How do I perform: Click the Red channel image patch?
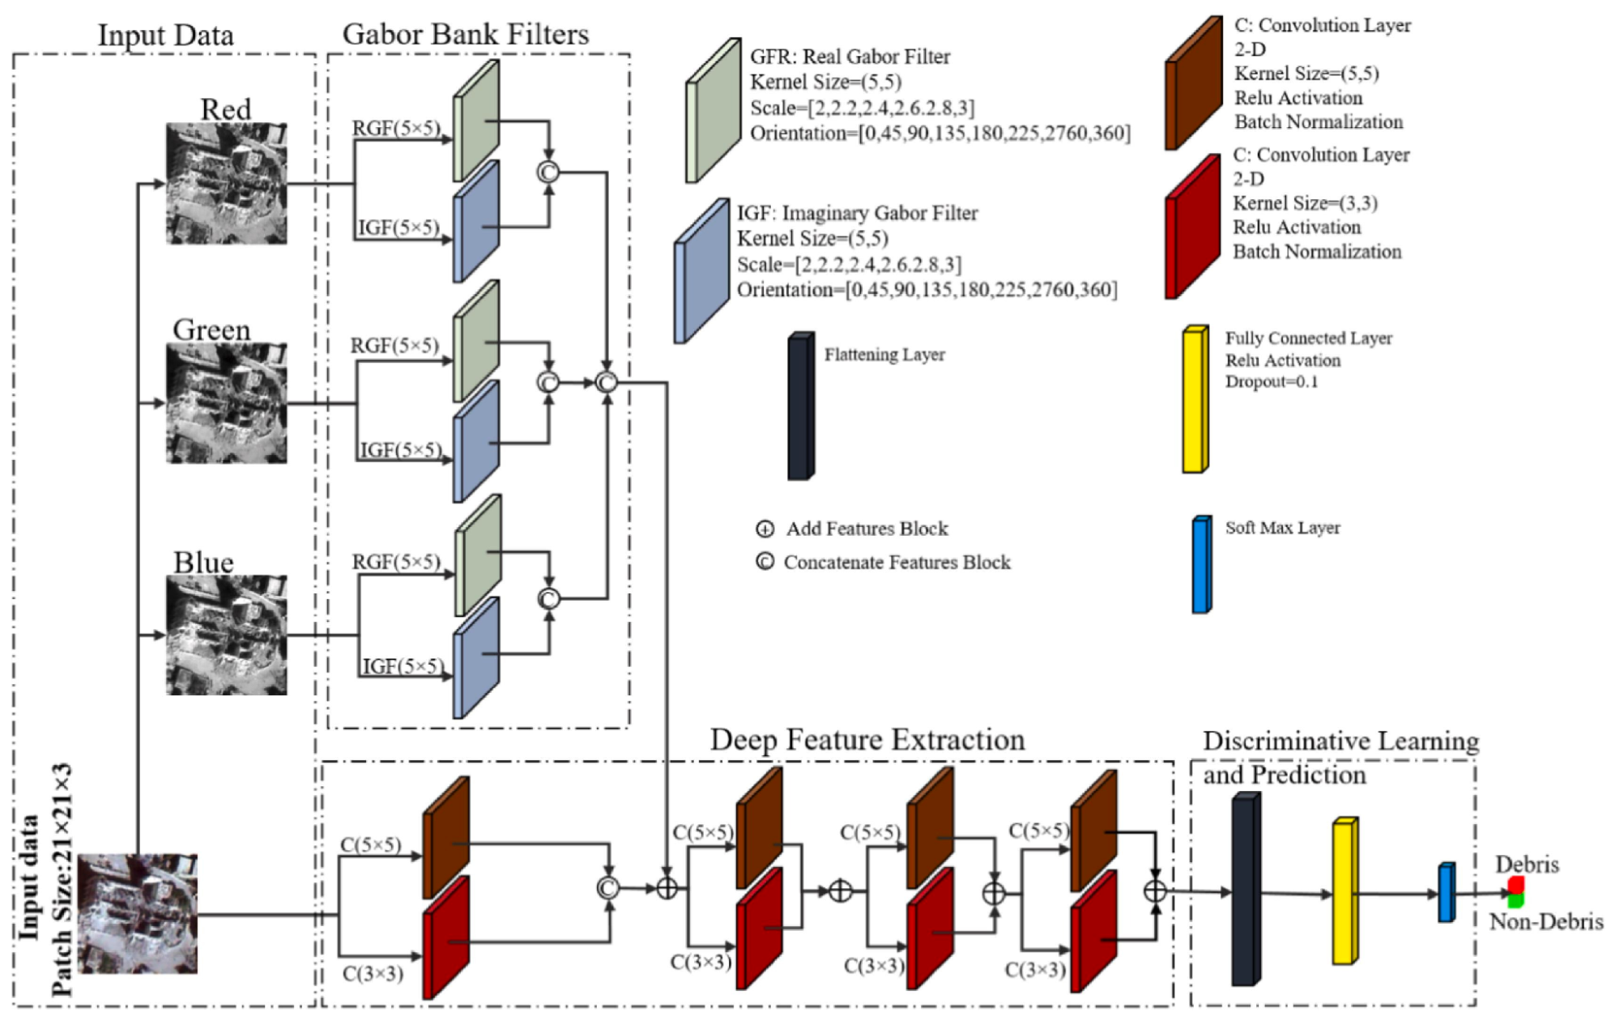(226, 183)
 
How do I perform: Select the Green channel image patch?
(226, 403)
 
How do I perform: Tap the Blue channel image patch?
(226, 635)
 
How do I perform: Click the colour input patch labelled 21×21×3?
(138, 913)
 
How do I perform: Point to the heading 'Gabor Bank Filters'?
(466, 34)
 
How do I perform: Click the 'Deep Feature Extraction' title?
(867, 739)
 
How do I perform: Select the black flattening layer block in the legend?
(801, 406)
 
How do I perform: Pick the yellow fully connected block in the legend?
(1195, 399)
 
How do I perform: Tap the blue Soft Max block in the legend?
(1202, 564)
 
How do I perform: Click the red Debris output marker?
(1516, 885)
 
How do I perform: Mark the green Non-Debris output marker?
(1516, 900)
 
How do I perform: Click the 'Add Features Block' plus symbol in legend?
(765, 529)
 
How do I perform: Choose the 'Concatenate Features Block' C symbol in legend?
(765, 562)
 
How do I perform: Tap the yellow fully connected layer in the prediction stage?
(1345, 891)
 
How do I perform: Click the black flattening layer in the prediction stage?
(1246, 889)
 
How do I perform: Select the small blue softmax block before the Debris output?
(1446, 892)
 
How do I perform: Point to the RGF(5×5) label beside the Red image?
(396, 128)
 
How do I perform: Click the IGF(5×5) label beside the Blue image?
(403, 665)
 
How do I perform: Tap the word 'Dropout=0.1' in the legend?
(1272, 381)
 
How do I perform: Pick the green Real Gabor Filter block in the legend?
(714, 110)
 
